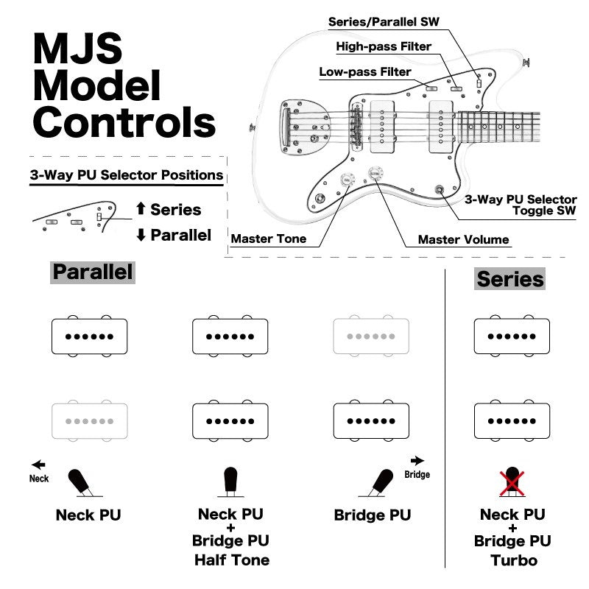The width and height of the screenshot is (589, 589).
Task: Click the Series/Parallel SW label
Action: (x=383, y=21)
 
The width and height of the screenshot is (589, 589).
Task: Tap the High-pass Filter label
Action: (x=384, y=46)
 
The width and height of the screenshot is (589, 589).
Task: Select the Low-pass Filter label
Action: (x=365, y=72)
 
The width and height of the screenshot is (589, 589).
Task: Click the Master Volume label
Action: (x=463, y=239)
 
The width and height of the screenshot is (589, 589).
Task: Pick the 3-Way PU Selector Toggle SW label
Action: (x=521, y=205)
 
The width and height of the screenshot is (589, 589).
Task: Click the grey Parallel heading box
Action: (x=93, y=272)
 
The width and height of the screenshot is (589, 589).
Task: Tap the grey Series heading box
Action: (x=510, y=279)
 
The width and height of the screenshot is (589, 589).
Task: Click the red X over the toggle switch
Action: (x=510, y=481)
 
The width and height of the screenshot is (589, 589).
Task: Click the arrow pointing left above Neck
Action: (x=38, y=465)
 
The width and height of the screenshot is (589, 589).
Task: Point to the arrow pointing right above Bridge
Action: (x=417, y=460)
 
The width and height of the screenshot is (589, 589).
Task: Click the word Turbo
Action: (x=512, y=560)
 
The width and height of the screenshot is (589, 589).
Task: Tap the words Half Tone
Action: (x=231, y=560)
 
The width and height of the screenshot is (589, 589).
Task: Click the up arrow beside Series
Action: (x=141, y=210)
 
